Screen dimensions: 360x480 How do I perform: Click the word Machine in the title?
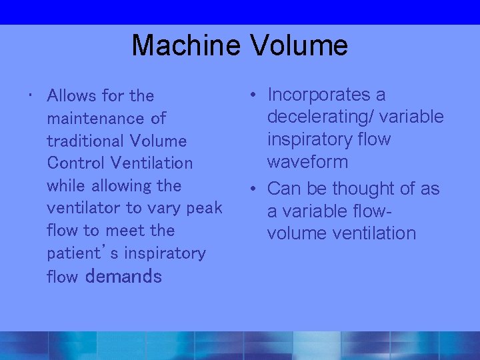187,46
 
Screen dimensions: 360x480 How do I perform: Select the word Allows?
72,96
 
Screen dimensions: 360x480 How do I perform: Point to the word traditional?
85,141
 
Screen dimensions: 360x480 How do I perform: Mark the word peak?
203,208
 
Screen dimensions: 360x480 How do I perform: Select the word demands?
124,276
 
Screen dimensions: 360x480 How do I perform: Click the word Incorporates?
327,95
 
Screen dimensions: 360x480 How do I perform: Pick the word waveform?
307,162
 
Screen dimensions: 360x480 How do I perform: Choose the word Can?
284,189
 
